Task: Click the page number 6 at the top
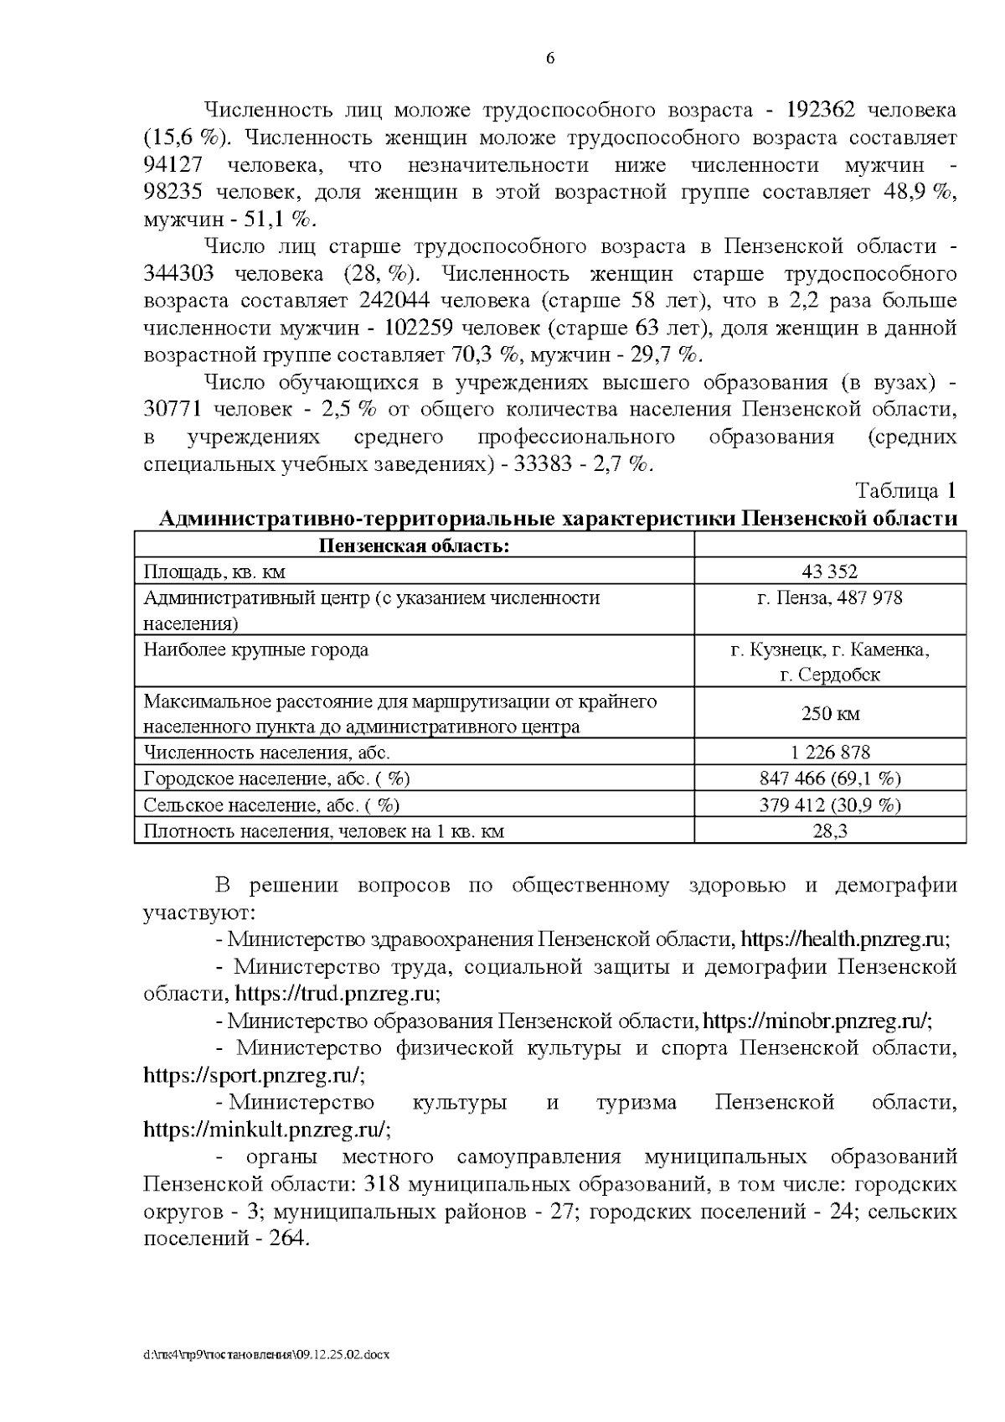(549, 59)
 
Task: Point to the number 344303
(179, 274)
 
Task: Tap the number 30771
(173, 410)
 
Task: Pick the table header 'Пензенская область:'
(414, 546)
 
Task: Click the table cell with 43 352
(829, 571)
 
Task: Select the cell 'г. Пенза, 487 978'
(829, 598)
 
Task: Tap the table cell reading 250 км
(829, 714)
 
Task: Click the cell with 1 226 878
(829, 752)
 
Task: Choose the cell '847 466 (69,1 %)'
(829, 778)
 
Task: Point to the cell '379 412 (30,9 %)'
(829, 805)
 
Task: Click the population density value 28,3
(829, 831)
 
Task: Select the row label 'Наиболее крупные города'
(256, 650)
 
